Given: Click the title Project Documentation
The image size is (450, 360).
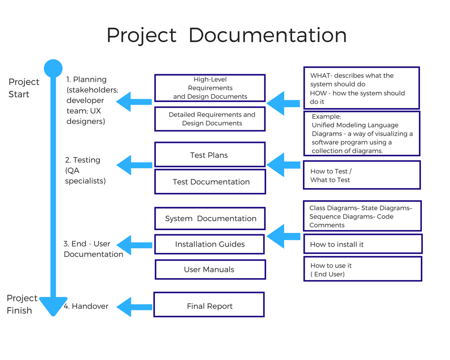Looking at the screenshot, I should click(226, 36).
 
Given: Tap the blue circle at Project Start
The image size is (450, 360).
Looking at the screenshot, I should click(53, 69).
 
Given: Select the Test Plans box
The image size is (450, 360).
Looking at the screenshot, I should click(210, 155).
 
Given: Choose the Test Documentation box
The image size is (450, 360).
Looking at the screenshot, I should click(210, 181).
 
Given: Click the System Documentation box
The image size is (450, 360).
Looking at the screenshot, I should click(210, 219).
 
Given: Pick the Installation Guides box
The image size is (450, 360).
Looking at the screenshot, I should click(210, 244).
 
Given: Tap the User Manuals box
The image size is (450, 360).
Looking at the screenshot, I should click(210, 270).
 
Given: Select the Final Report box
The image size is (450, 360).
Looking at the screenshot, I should click(209, 305).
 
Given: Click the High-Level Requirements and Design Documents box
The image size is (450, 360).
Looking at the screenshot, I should click(210, 88).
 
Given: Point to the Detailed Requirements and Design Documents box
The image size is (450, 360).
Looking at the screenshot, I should click(210, 119).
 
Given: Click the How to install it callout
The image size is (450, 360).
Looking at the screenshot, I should click(363, 244).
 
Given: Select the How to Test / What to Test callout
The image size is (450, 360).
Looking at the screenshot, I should click(362, 175).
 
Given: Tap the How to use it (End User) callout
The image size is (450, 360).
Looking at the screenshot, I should click(362, 269).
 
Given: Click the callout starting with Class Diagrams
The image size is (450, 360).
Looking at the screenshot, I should click(362, 216).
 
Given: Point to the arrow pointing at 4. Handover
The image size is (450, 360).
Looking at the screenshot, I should click(133, 307).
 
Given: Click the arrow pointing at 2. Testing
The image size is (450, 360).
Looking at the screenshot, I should click(133, 165).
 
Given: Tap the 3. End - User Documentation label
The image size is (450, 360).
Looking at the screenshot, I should click(93, 249).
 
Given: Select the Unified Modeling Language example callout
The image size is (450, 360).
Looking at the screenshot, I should click(362, 133).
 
